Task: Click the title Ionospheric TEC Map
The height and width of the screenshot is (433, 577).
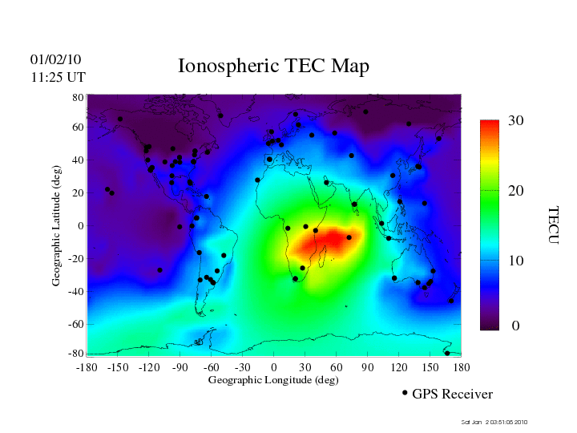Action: pyautogui.click(x=273, y=67)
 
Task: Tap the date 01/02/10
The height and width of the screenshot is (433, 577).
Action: pyautogui.click(x=55, y=59)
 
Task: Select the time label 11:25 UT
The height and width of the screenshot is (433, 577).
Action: pyautogui.click(x=58, y=77)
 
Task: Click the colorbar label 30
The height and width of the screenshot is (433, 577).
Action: pyautogui.click(x=516, y=121)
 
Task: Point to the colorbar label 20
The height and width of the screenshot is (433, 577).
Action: pyautogui.click(x=516, y=192)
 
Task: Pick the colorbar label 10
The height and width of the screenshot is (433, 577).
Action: pyautogui.click(x=516, y=261)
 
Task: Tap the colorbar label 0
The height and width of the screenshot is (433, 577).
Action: pyautogui.click(x=516, y=326)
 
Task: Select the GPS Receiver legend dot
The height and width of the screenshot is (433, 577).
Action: pyautogui.click(x=405, y=393)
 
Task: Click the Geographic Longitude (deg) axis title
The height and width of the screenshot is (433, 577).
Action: pyautogui.click(x=273, y=380)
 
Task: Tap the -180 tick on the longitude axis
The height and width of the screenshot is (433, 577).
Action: pyautogui.click(x=86, y=366)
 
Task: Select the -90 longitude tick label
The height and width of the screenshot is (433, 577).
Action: pyautogui.click(x=180, y=366)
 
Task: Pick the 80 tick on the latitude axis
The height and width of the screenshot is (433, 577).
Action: pyautogui.click(x=78, y=97)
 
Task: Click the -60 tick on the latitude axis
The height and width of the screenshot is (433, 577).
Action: pyautogui.click(x=76, y=325)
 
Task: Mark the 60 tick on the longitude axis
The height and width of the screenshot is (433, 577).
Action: pyautogui.click(x=337, y=366)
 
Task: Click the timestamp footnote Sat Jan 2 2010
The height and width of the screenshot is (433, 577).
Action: pyautogui.click(x=494, y=422)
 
